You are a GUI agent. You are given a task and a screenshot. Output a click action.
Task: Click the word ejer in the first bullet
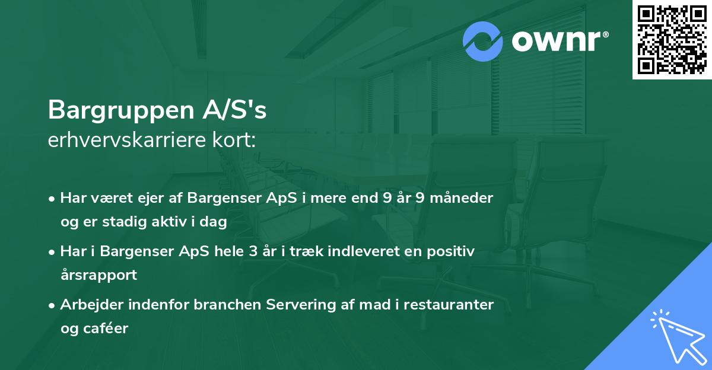(x=138, y=198)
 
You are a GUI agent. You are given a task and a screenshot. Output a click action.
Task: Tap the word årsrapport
(x=98, y=275)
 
